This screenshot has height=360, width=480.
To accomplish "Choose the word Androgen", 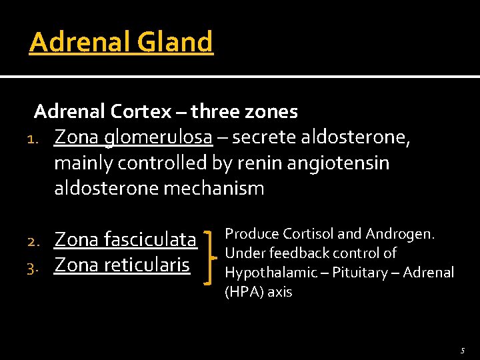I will pos(400,234).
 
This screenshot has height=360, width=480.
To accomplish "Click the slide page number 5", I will pos(462,350).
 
